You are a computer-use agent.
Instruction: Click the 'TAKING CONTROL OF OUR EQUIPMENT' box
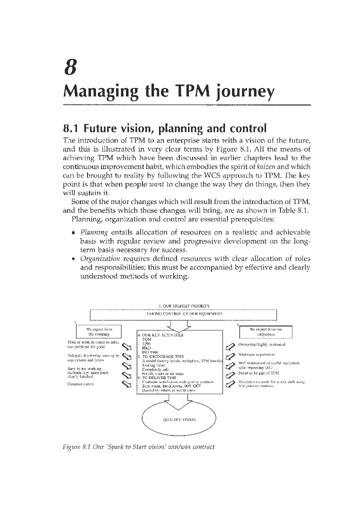pyautogui.click(x=183, y=314)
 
